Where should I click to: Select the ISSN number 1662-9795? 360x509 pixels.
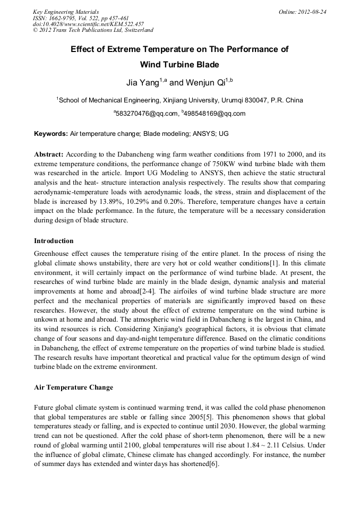pyautogui.click(x=63, y=18)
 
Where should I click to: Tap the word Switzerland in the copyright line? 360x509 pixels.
pyautogui.click(x=135, y=30)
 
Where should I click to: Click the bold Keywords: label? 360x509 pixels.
pyautogui.click(x=51, y=134)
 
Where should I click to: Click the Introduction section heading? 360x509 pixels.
pyautogui.click(x=54, y=241)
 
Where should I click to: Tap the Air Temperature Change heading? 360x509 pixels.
pyautogui.click(x=73, y=387)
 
